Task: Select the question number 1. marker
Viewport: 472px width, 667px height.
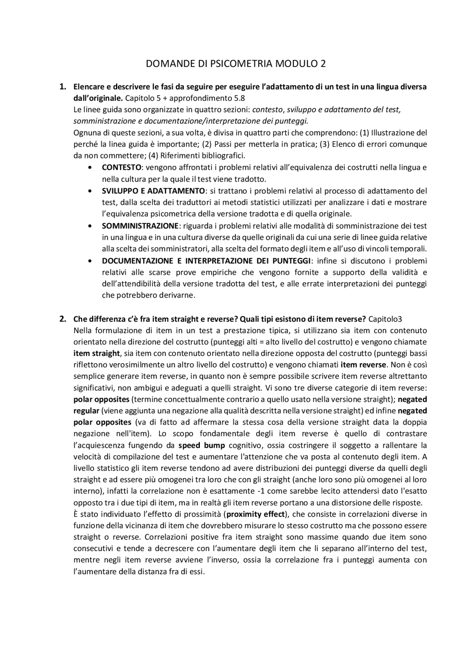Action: click(63, 87)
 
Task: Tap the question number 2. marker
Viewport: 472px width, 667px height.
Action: click(63, 319)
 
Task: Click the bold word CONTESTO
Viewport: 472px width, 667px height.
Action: click(121, 168)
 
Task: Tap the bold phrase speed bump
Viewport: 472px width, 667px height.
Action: click(201, 445)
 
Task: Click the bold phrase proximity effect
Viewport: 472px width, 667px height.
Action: click(256, 514)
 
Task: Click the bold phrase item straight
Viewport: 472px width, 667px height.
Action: click(97, 353)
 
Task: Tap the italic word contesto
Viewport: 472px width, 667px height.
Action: click(267, 110)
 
